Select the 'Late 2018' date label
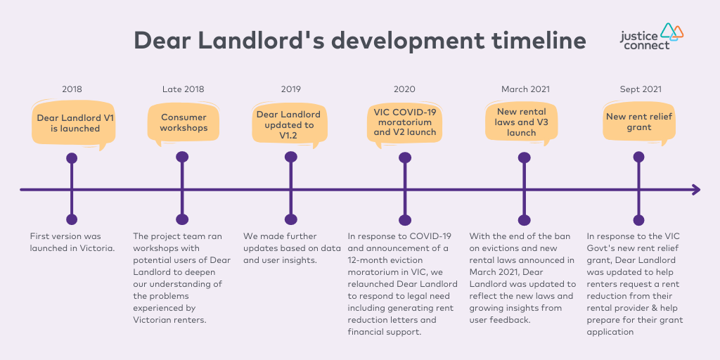(x=184, y=89)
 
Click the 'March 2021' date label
(x=525, y=89)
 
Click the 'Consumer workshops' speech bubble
(x=184, y=123)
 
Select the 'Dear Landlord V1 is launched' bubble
(x=72, y=124)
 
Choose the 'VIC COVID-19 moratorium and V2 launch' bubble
(x=405, y=123)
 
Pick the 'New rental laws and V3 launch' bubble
(x=522, y=122)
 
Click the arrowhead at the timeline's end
(x=696, y=190)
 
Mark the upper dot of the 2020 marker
(x=404, y=158)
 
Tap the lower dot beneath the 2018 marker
(x=72, y=219)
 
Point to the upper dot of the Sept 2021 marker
(x=638, y=157)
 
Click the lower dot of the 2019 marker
(x=290, y=219)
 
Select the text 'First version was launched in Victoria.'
(x=72, y=243)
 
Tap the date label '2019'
(x=291, y=89)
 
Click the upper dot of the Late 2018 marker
(x=182, y=157)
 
